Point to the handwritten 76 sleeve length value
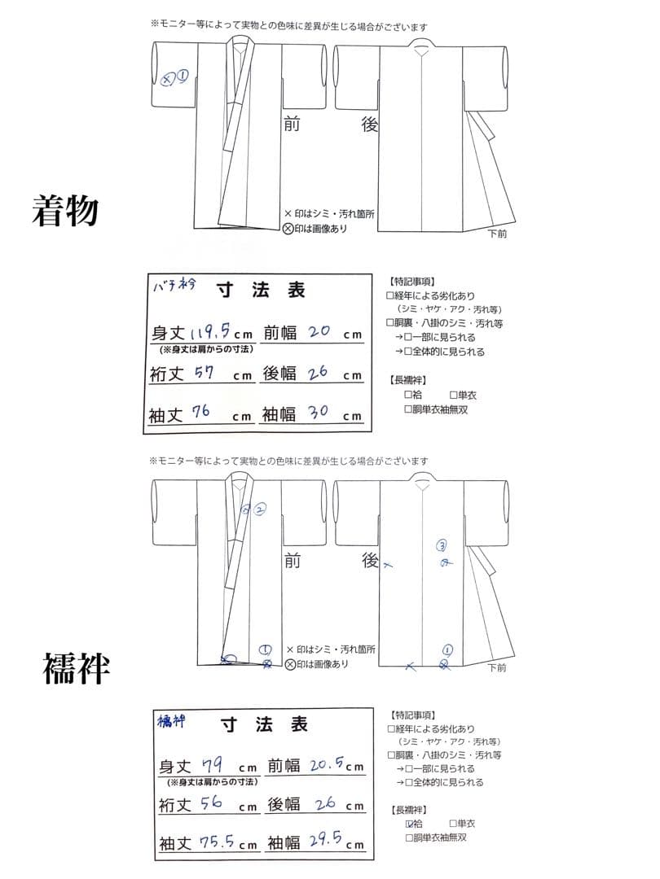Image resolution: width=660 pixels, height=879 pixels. click(200, 413)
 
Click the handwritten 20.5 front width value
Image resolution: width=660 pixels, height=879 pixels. click(326, 764)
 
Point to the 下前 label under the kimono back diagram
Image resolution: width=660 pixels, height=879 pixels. click(497, 234)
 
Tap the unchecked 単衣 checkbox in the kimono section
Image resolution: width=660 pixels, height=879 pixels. click(453, 395)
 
